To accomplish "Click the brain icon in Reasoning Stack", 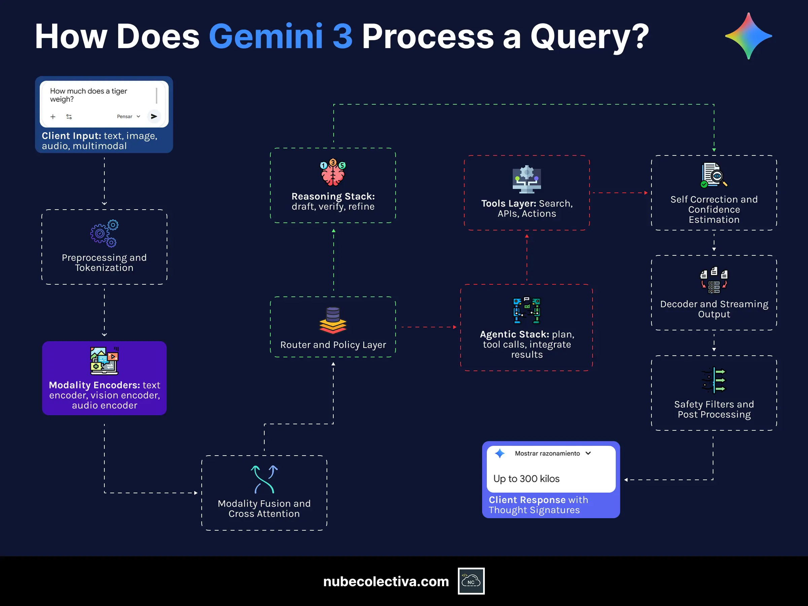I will click(333, 172).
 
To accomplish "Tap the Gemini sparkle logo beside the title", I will click(748, 36).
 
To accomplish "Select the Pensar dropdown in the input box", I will click(128, 116).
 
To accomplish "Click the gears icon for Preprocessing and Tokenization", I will click(104, 233).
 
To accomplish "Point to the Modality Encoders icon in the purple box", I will click(104, 361).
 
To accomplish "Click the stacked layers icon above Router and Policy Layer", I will click(333, 321).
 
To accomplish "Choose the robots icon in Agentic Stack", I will click(526, 310).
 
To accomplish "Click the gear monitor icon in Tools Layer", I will click(526, 179).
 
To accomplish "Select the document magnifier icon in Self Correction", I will click(714, 175).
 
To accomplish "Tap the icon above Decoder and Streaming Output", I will click(714, 280).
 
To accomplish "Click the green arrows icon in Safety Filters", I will click(714, 380).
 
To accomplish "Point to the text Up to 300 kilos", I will click(526, 478).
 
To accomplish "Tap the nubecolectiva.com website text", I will click(386, 581).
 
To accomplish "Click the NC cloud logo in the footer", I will click(471, 581).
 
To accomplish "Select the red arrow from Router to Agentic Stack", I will click(428, 327).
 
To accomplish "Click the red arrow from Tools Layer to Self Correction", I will click(619, 193).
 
